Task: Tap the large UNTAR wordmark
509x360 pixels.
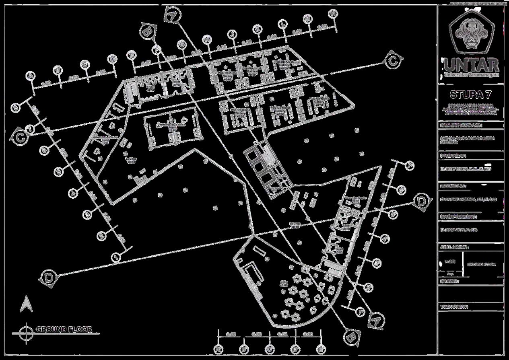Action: click(472, 65)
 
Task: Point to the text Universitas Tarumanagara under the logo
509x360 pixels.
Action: click(472, 75)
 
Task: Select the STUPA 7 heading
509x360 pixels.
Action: click(471, 95)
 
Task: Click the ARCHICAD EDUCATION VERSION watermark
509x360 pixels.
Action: click(478, 3)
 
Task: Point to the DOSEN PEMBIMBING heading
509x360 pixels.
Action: click(458, 217)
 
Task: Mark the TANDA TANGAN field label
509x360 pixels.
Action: click(455, 307)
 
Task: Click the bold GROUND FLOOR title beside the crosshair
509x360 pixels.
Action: click(64, 329)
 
